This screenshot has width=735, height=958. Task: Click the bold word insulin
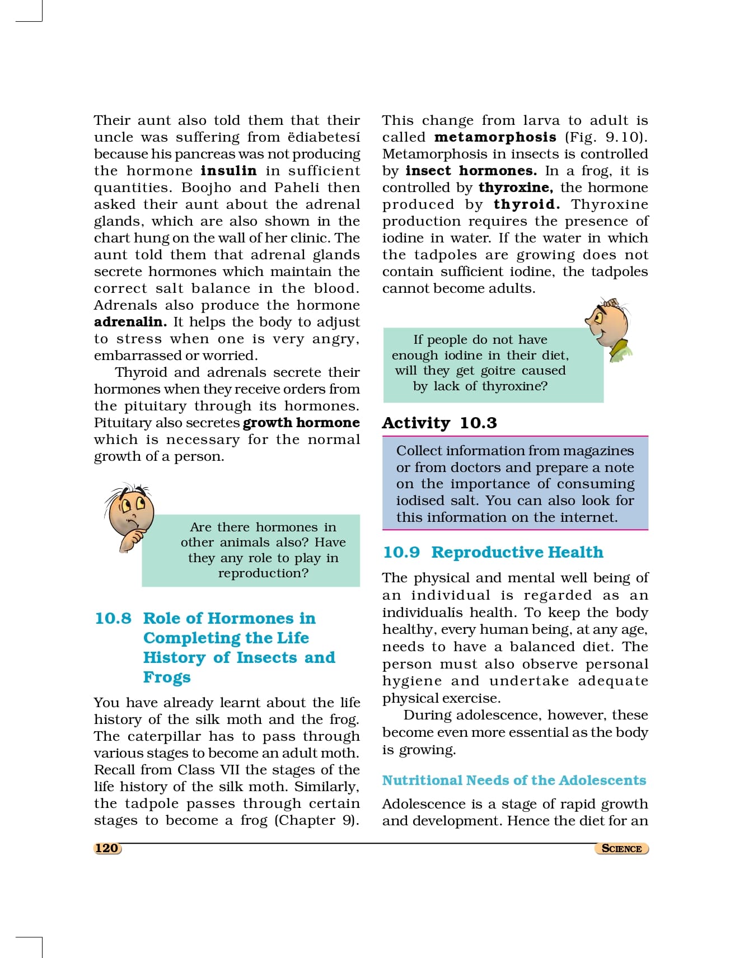pos(228,171)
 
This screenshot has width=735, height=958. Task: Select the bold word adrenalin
pos(130,322)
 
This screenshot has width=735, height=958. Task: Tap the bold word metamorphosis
pos(495,137)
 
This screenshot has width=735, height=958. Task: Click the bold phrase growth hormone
pos(301,423)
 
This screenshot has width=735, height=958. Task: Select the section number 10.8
pos(113,618)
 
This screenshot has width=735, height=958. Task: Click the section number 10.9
pos(401,552)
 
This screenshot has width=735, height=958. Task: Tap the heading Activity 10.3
pos(439,423)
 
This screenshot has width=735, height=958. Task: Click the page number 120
pos(106,848)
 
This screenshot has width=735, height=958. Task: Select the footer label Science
pos(621,848)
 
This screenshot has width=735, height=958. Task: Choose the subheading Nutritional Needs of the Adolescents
pos(514,780)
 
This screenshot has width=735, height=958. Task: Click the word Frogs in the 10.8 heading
pos(167,677)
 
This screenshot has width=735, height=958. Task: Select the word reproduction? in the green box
pos(263,573)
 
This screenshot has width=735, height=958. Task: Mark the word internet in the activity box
pos(590,517)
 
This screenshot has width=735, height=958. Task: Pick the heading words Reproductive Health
pos(517,552)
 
